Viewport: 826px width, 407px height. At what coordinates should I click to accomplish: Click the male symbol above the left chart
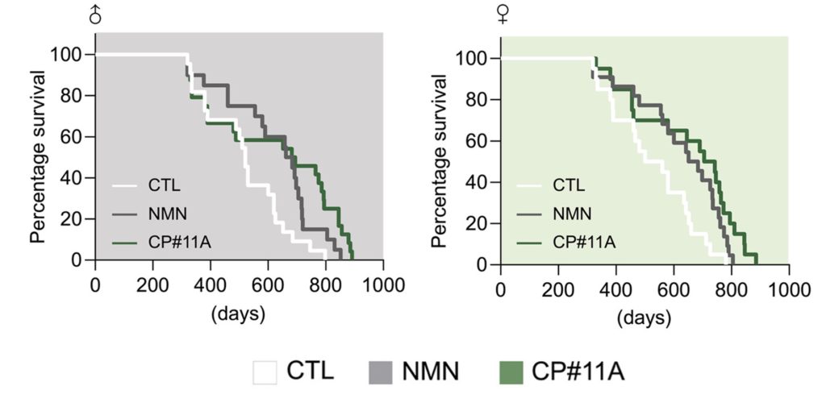coord(95,14)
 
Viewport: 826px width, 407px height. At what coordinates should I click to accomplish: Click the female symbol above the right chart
coord(503,14)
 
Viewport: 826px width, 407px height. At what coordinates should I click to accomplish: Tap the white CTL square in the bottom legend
coord(265,373)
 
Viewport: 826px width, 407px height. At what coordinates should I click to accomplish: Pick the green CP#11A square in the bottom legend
coord(511,373)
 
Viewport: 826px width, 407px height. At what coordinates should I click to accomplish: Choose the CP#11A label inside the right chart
coord(584,242)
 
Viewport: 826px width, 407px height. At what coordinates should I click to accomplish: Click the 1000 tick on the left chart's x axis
coord(383,285)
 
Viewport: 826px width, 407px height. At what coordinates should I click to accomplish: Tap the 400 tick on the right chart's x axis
coord(615,290)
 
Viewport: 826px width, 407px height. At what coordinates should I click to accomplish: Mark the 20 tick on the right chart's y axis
coord(478,223)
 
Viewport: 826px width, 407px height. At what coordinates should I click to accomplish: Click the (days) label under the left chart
coord(238,314)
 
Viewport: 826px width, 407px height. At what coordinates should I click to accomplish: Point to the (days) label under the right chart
coord(645,318)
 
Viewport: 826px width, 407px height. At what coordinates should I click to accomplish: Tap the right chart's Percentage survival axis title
coord(440,160)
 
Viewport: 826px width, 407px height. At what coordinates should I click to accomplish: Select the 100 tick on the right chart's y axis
coord(471,59)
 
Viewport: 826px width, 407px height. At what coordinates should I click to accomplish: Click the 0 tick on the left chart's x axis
coord(95,285)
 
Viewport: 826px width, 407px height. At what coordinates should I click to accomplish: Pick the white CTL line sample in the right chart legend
coord(529,185)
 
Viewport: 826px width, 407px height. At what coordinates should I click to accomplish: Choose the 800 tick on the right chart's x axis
coord(731,290)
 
